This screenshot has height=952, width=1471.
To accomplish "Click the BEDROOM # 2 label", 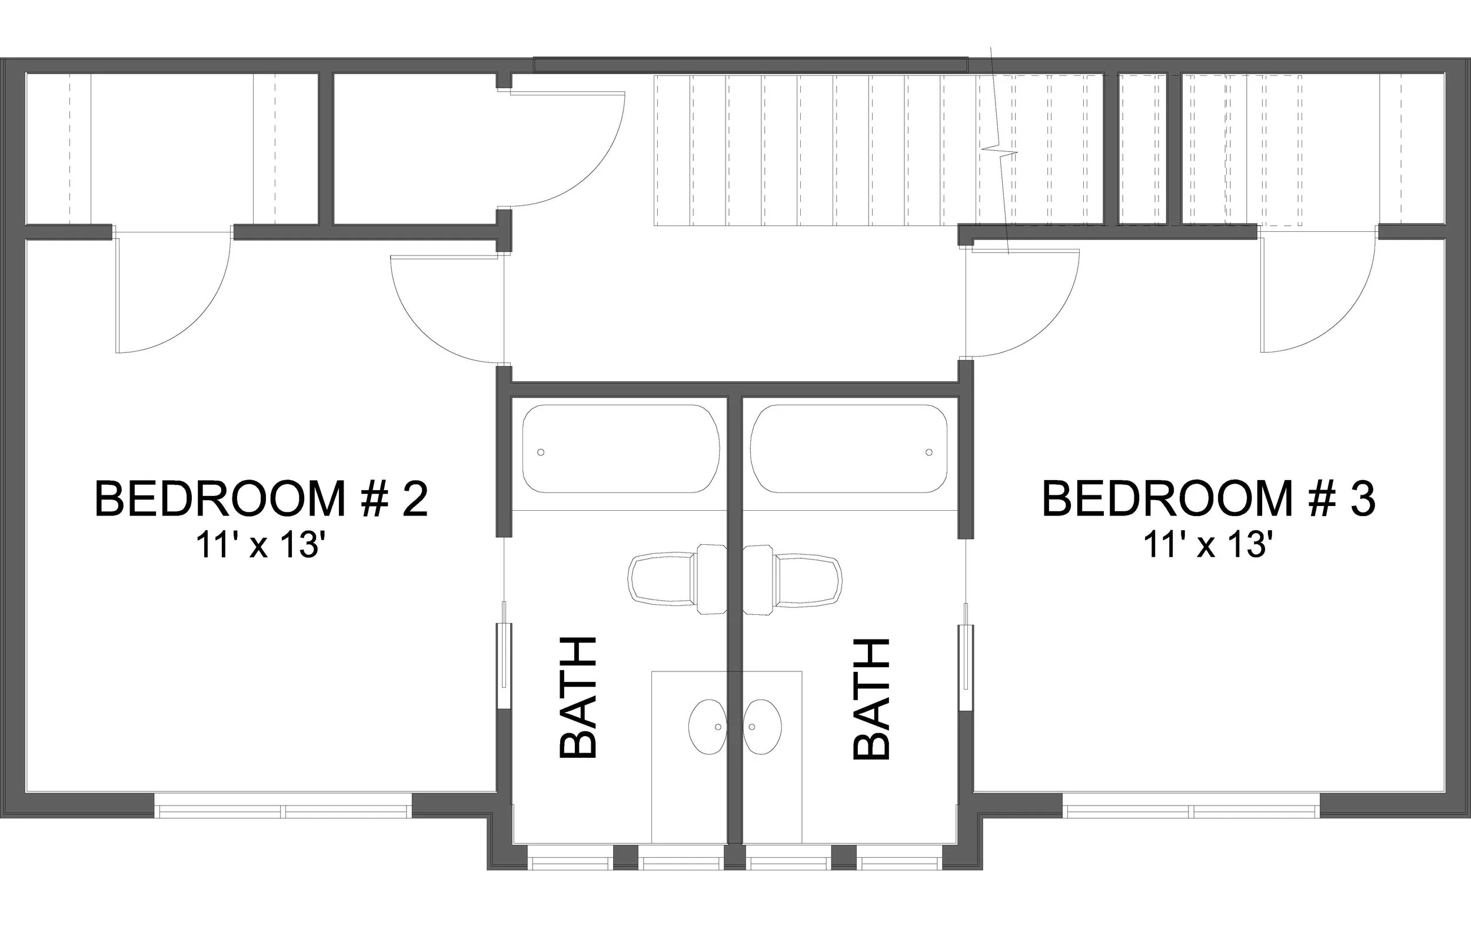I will pos(261,500).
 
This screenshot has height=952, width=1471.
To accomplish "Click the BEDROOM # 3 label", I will pos(1209,500).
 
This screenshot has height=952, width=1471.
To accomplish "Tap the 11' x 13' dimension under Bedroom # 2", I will pos(260,546).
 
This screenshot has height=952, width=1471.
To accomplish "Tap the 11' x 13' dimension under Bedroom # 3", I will pos(1209,546).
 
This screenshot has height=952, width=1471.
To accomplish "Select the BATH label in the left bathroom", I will pos(578,698).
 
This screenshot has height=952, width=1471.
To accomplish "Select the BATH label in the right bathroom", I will pos(871,698).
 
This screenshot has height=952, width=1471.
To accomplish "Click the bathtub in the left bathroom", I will pos(621,449).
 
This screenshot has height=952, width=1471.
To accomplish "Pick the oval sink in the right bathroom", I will pos(763,727).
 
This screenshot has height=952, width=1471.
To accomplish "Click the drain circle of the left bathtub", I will pos(541,452).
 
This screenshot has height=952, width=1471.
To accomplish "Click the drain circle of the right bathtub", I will pos(929,452).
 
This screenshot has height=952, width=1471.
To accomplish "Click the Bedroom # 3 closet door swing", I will pos(1316,297).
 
